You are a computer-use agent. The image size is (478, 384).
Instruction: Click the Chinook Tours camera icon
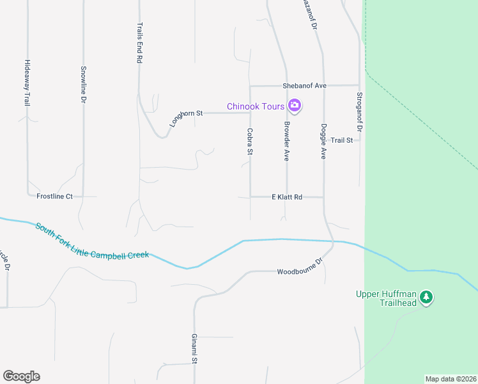coord(295,106)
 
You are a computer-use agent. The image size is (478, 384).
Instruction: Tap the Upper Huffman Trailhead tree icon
coord(426,297)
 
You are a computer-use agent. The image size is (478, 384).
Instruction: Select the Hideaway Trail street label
coord(27,82)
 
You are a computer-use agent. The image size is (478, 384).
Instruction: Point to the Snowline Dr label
coord(83,84)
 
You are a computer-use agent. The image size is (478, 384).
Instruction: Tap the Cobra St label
coord(250,141)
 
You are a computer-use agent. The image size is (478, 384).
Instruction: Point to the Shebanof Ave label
coord(305,85)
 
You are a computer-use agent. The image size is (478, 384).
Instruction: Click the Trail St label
coord(341,140)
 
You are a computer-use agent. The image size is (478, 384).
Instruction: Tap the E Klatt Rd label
coord(286,197)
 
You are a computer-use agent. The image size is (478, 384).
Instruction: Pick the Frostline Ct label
coord(54,196)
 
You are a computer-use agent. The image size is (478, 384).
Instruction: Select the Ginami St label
coord(194,349)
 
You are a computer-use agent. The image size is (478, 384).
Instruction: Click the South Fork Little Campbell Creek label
coord(92,241)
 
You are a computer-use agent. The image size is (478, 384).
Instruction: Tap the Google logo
coord(21,376)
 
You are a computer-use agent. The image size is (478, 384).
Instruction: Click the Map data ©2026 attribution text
coord(450,379)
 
